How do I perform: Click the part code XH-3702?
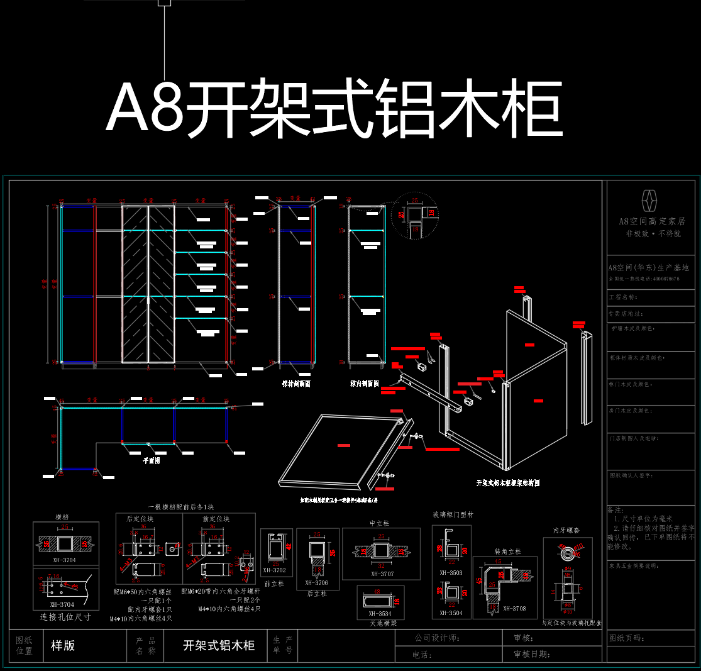click(x=274, y=570)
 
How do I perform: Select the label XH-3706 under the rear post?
click(x=317, y=582)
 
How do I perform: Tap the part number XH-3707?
click(x=382, y=574)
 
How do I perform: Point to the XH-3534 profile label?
click(x=380, y=613)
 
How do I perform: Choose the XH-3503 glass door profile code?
click(x=451, y=572)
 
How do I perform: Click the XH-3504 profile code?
click(x=451, y=613)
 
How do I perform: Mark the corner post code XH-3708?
click(x=514, y=608)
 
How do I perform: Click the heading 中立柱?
click(x=380, y=523)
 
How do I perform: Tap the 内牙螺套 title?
click(x=566, y=531)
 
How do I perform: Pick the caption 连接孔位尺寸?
click(x=65, y=617)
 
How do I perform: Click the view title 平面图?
click(x=151, y=460)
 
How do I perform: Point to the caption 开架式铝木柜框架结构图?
click(x=508, y=483)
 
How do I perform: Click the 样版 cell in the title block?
click(x=63, y=645)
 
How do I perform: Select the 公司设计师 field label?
click(x=436, y=638)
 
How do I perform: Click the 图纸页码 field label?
click(x=626, y=638)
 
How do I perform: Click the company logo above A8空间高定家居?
click(x=649, y=200)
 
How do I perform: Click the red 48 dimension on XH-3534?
click(x=377, y=592)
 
